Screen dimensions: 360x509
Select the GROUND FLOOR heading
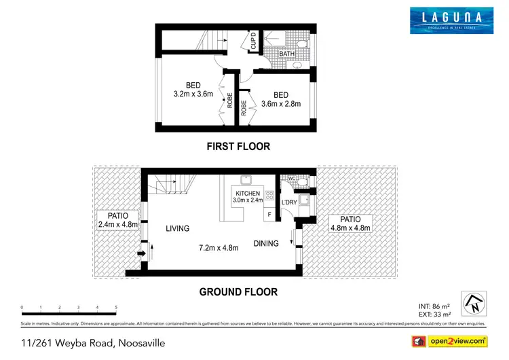[x=238, y=292]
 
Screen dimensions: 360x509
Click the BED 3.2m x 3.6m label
[x=189, y=90]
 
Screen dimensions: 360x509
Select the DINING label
[x=266, y=243]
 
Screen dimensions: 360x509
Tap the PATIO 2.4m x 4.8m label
[x=118, y=219]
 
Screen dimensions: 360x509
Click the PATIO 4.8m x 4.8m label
[x=350, y=223]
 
